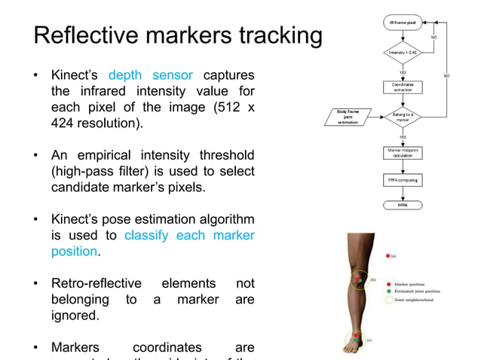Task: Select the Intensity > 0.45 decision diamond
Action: click(402, 53)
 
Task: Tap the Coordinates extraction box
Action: click(402, 87)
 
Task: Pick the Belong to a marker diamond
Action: click(402, 117)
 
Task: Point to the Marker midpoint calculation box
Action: click(402, 154)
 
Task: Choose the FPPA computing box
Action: click(402, 181)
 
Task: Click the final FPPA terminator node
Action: click(402, 204)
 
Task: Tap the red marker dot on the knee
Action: click(357, 277)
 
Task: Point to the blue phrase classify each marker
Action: click(188, 235)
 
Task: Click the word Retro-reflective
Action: click(96, 283)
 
